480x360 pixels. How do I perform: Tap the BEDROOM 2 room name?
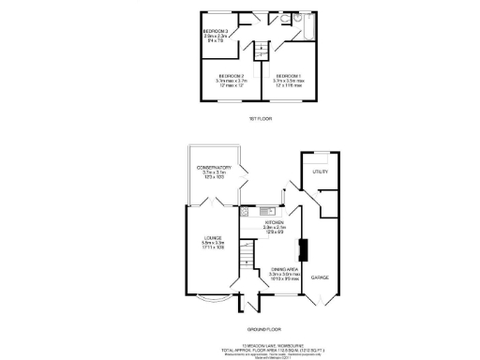pyautogui.click(x=232, y=75)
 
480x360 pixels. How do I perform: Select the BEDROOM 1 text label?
pyautogui.click(x=288, y=75)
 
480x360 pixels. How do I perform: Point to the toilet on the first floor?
pyautogui.click(x=294, y=18)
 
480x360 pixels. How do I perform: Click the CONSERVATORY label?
pyautogui.click(x=215, y=168)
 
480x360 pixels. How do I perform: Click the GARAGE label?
pyautogui.click(x=321, y=277)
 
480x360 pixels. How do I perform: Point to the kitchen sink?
pyautogui.click(x=264, y=210)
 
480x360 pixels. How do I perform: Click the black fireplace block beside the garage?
pyautogui.click(x=303, y=250)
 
